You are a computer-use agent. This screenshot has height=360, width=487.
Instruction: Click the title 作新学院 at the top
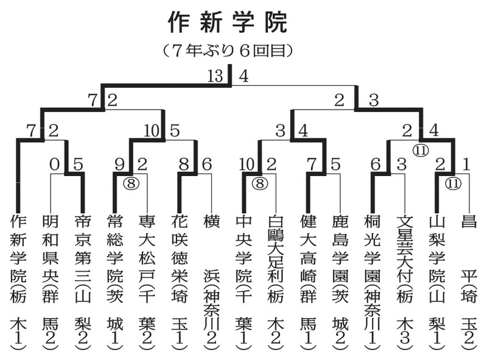pyautogui.click(x=227, y=23)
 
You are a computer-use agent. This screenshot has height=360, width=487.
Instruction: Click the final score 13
pyautogui.click(x=215, y=77)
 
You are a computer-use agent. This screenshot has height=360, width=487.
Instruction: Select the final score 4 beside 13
pyautogui.click(x=243, y=77)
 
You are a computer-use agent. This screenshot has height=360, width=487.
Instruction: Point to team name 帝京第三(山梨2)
pyautogui.click(x=82, y=280)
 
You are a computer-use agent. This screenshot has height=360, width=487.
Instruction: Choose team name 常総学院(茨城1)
pyautogui.click(x=114, y=280)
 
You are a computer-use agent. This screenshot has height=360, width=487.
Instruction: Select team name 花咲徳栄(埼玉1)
pyautogui.click(x=178, y=280)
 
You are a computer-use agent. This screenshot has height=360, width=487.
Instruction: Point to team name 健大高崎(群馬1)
pyautogui.click(x=307, y=280)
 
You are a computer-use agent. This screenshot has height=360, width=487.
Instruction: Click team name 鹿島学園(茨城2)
pyautogui.click(x=340, y=280)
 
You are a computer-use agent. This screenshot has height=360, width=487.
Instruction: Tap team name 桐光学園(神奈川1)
pyautogui.click(x=372, y=280)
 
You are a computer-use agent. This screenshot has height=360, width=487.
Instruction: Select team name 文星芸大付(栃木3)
pyautogui.click(x=404, y=280)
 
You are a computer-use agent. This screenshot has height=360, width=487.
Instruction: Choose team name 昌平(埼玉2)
pyautogui.click(x=469, y=280)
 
